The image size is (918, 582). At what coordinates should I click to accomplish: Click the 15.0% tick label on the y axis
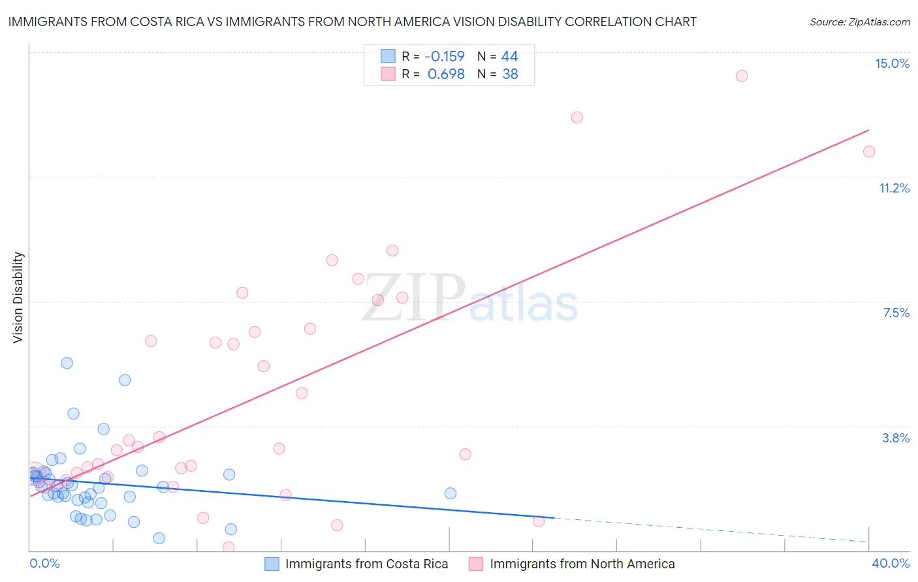[x=892, y=63]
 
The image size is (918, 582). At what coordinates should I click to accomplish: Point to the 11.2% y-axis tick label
[x=894, y=188]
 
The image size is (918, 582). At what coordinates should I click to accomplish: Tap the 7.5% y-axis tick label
[x=896, y=313]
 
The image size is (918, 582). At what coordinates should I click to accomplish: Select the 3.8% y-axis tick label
[x=896, y=438]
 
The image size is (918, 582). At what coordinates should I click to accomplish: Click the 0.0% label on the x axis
[x=45, y=563]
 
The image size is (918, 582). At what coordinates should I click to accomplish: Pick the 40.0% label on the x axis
[x=891, y=563]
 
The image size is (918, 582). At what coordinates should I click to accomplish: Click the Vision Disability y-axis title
[x=18, y=297]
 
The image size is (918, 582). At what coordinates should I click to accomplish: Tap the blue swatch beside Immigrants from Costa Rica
[x=272, y=564]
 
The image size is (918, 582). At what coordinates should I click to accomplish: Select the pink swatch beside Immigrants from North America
[x=476, y=564]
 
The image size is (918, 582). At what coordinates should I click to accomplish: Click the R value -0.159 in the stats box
[x=444, y=57]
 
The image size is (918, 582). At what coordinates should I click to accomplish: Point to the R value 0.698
[x=446, y=74]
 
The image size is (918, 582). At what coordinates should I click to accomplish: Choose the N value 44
[x=509, y=57]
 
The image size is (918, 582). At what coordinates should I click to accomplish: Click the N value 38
[x=510, y=74]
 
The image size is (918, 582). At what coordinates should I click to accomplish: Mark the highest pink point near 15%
[x=742, y=76]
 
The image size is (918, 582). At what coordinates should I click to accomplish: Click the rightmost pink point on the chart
[x=869, y=152]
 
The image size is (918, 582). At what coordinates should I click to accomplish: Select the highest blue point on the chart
[x=67, y=363]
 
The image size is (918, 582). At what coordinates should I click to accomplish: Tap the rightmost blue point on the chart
[x=451, y=493]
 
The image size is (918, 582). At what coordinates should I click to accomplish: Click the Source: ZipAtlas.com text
[x=859, y=22]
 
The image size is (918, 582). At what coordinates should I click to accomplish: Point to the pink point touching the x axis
[x=229, y=547]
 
